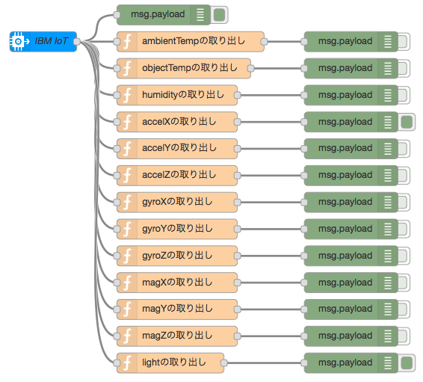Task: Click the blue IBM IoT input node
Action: coord(45,41)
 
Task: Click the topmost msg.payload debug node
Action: coord(157,14)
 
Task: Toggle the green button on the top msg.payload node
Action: coord(220,14)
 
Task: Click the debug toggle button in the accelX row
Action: coord(407,122)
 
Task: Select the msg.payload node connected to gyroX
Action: coord(345,202)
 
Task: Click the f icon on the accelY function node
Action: coord(127,148)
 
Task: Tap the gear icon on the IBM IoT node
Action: coord(19,41)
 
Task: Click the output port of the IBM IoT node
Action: coord(77,41)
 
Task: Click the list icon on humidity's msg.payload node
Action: coord(387,95)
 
